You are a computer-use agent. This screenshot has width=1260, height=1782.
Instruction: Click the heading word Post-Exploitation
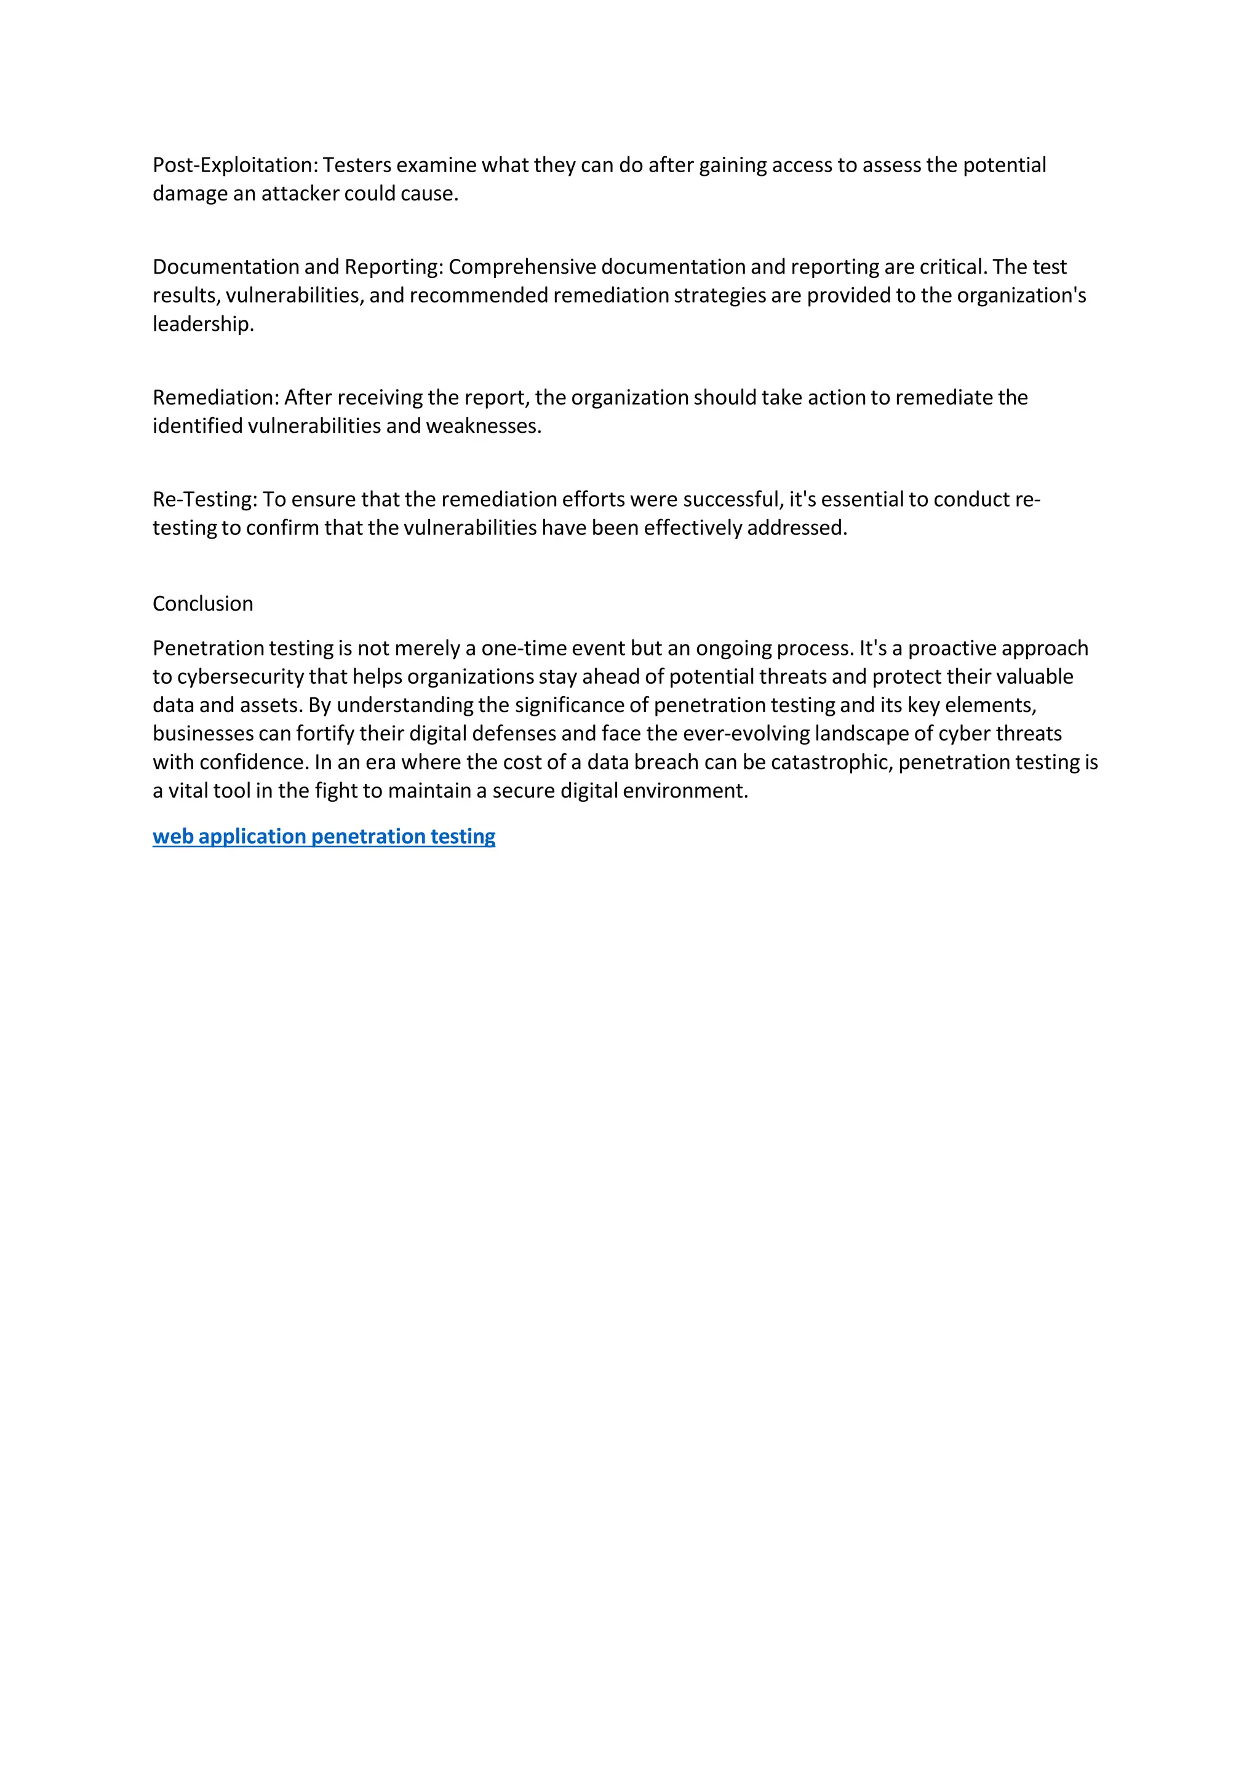[x=234, y=165]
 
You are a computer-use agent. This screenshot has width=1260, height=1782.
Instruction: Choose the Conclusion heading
[x=202, y=604]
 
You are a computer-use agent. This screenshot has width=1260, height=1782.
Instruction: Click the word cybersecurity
[x=240, y=677]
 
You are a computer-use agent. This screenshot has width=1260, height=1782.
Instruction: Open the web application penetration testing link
[x=324, y=837]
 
